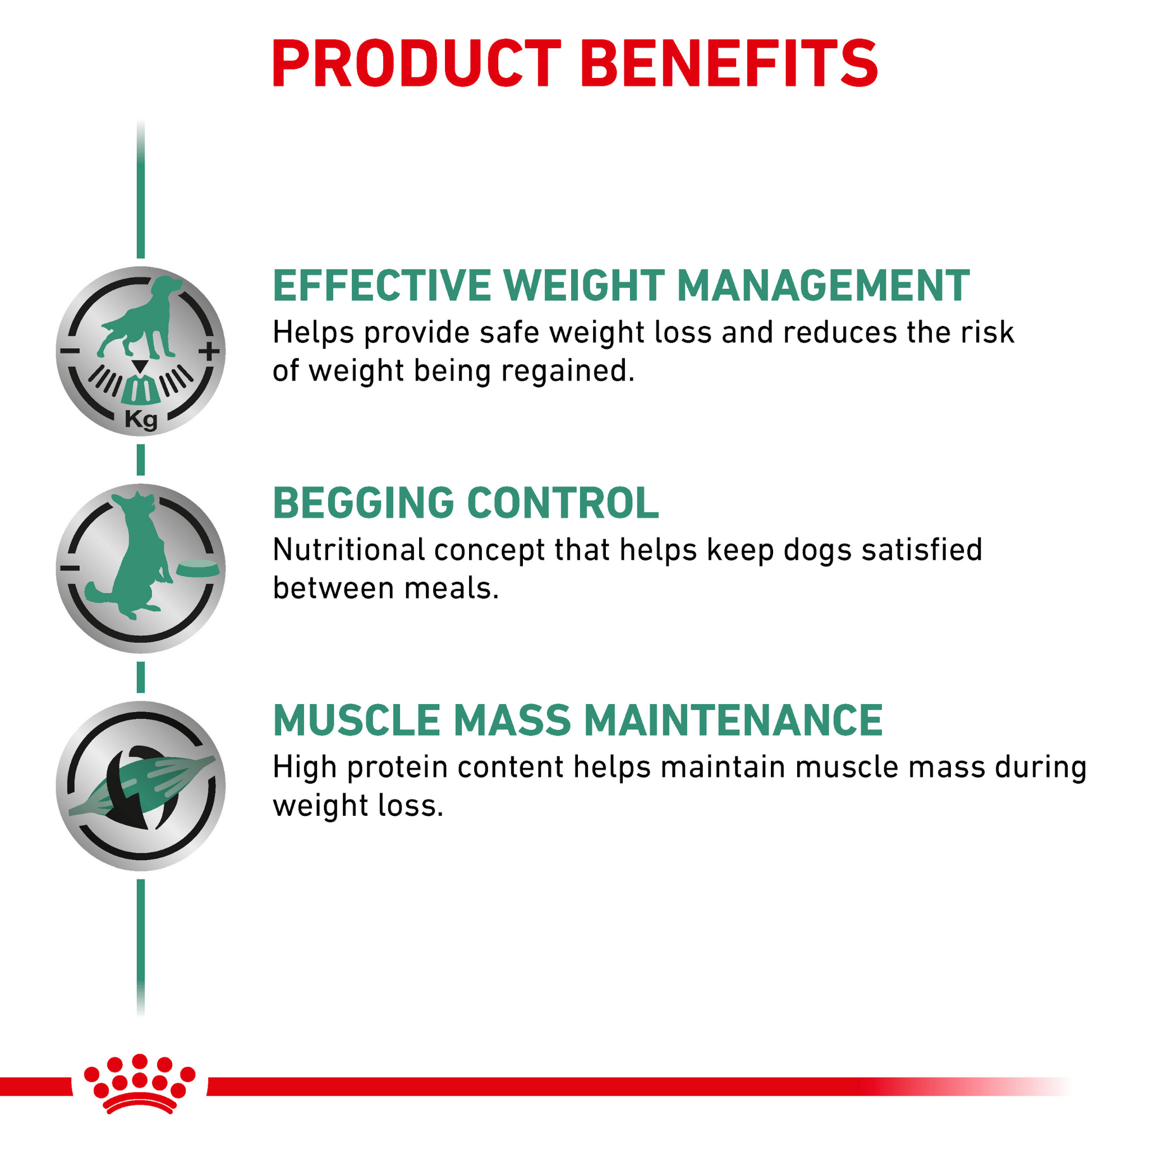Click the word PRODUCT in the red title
(416, 63)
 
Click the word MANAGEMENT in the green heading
(823, 286)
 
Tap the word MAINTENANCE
(733, 721)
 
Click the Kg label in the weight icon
(141, 420)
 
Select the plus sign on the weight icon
(209, 351)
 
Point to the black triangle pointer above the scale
(140, 366)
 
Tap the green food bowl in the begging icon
(197, 568)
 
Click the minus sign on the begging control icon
(70, 568)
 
